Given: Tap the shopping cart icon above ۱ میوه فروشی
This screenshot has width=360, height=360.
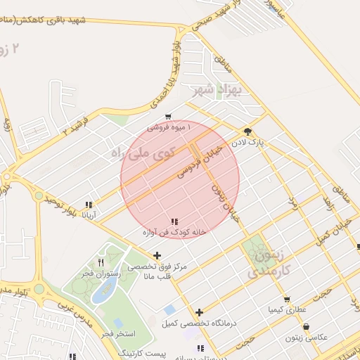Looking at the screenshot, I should (168, 117).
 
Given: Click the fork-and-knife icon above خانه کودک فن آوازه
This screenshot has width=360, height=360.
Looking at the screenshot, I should (174, 221).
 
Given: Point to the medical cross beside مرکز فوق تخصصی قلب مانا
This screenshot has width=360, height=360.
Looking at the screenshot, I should (157, 256).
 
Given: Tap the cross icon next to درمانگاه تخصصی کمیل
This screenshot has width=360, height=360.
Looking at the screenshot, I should (200, 312).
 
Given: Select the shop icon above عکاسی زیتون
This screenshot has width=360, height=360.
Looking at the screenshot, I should (306, 327).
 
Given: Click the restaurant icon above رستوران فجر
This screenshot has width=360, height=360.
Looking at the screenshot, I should (101, 262).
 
